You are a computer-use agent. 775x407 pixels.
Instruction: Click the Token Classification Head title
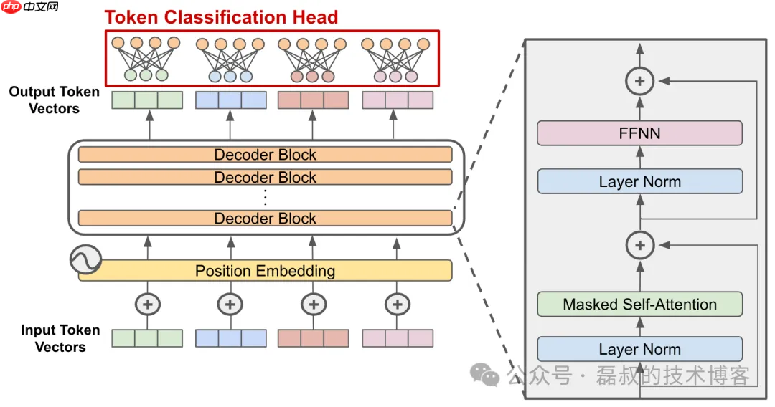pyautogui.click(x=221, y=17)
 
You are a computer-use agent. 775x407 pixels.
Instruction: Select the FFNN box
pyautogui.click(x=639, y=133)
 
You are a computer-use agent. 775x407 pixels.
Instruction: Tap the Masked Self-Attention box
pyautogui.click(x=639, y=305)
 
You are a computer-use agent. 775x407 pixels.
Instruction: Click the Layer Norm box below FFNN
pyautogui.click(x=639, y=182)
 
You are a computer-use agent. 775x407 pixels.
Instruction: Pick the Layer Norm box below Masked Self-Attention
pyautogui.click(x=639, y=349)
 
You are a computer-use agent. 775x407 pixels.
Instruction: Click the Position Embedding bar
pyautogui.click(x=265, y=271)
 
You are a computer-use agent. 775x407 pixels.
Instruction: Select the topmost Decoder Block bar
pyautogui.click(x=265, y=155)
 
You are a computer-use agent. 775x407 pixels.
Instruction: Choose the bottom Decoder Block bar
pyautogui.click(x=265, y=219)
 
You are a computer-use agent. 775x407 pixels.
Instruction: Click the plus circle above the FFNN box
pyautogui.click(x=639, y=82)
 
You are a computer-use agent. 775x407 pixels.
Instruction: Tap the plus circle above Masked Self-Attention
pyautogui.click(x=639, y=246)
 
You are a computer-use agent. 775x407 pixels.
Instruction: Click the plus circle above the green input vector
pyautogui.click(x=148, y=305)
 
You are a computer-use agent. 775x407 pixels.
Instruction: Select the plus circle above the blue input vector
pyautogui.click(x=230, y=305)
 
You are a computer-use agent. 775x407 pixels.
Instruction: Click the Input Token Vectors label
pyautogui.click(x=60, y=338)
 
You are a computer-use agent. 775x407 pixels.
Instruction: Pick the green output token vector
pyautogui.click(x=147, y=100)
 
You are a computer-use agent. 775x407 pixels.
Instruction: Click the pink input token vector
pyautogui.click(x=398, y=338)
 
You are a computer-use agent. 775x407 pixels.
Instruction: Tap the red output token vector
pyautogui.click(x=313, y=100)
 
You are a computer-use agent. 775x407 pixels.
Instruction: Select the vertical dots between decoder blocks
pyautogui.click(x=265, y=197)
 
